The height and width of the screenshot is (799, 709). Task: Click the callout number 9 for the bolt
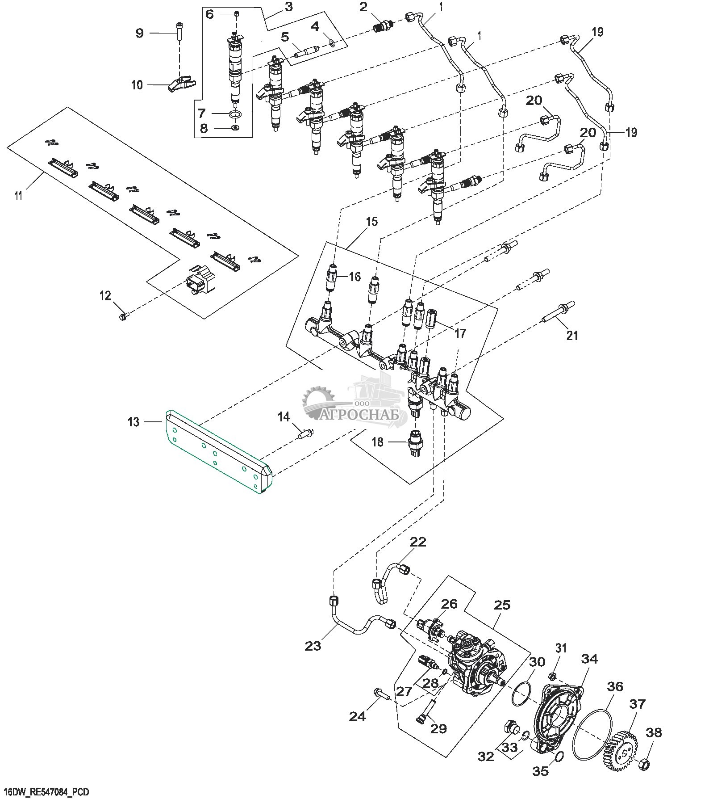pyautogui.click(x=140, y=33)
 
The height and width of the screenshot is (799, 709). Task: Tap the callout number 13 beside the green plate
pyautogui.click(x=133, y=422)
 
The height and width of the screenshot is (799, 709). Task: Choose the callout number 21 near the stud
pyautogui.click(x=572, y=335)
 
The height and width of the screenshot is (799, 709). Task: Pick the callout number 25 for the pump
pyautogui.click(x=503, y=605)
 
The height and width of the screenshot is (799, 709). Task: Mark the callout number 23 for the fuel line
pyautogui.click(x=313, y=645)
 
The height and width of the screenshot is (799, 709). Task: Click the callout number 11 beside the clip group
pyautogui.click(x=19, y=195)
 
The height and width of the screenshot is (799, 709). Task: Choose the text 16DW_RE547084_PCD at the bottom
pyautogui.click(x=44, y=792)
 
